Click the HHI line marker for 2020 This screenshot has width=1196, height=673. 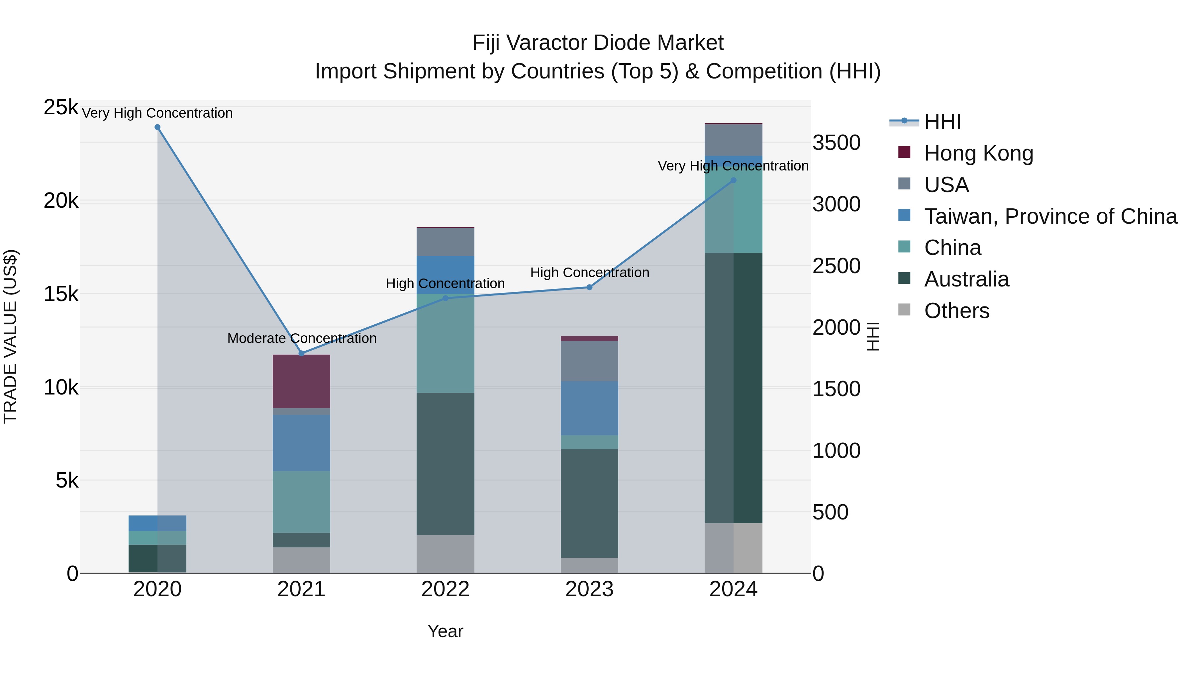[x=157, y=127]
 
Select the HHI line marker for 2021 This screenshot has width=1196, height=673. [x=301, y=354]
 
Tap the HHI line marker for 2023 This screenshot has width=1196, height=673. [x=590, y=287]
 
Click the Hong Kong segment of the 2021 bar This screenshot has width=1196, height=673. [x=301, y=381]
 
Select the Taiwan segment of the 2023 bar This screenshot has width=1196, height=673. [x=590, y=408]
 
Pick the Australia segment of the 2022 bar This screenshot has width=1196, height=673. [x=445, y=464]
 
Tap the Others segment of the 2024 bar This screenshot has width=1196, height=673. [x=734, y=548]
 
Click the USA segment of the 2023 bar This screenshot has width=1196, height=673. [x=590, y=361]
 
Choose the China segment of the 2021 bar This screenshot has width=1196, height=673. [x=301, y=502]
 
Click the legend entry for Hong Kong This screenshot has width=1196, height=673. [x=978, y=153]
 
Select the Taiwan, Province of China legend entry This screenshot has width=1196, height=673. [x=1050, y=216]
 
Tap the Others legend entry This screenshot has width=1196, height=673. [x=956, y=311]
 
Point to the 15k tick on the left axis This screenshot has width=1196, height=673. [x=61, y=294]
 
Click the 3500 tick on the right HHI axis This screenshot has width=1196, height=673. [x=836, y=143]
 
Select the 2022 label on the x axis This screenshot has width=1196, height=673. [x=445, y=589]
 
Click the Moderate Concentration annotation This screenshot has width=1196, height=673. [x=302, y=338]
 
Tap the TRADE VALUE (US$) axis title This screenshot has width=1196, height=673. [x=10, y=336]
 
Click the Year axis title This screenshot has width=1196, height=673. [x=445, y=631]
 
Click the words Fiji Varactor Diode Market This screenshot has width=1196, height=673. [x=598, y=43]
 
